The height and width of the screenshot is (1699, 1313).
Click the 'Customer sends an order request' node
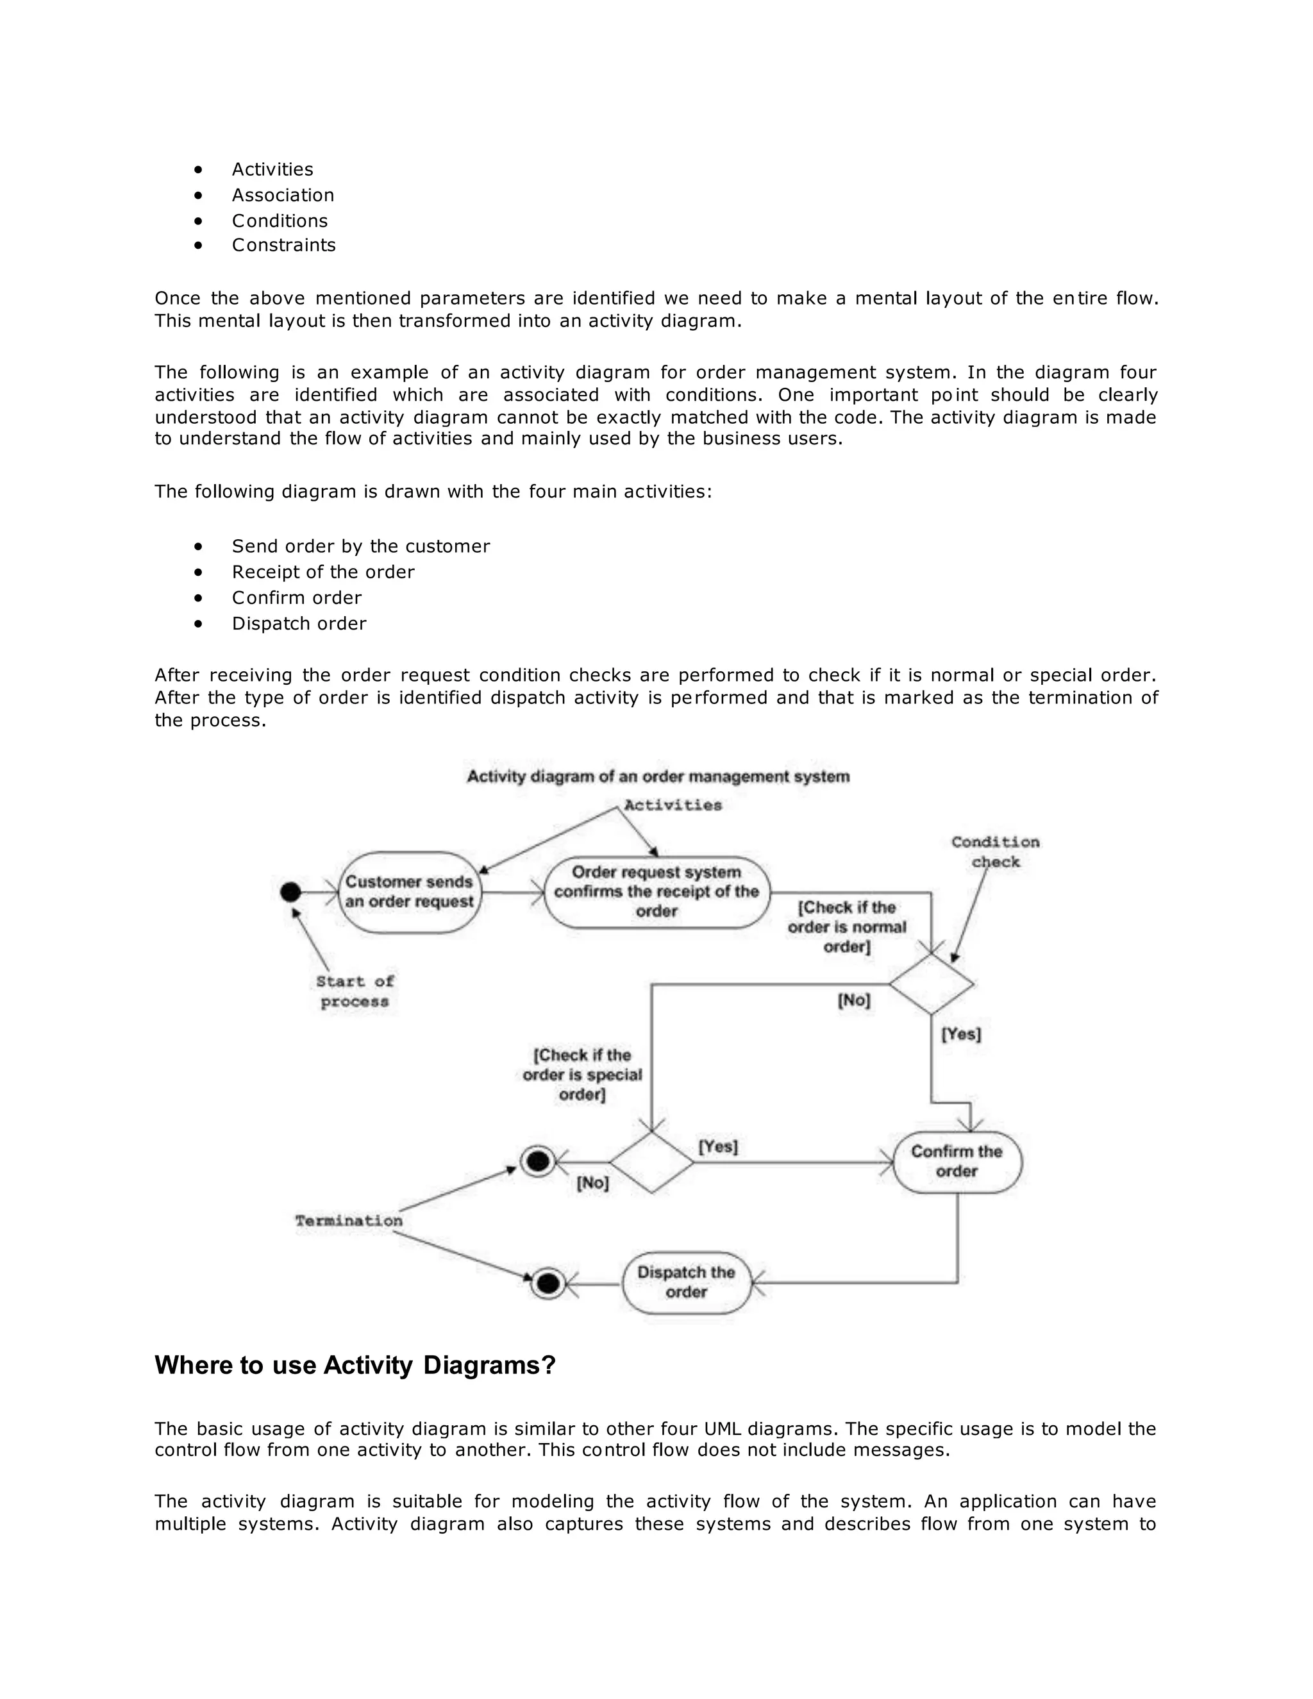(x=409, y=892)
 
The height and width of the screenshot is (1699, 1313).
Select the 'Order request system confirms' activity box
(x=656, y=892)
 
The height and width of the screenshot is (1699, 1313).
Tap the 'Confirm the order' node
(x=957, y=1162)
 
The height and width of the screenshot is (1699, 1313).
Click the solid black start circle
(x=290, y=892)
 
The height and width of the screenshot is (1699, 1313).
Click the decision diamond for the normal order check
(x=931, y=984)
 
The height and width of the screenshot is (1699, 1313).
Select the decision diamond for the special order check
(x=651, y=1162)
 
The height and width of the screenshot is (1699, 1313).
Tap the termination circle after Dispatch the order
(x=548, y=1283)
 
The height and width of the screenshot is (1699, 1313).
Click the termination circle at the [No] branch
(x=537, y=1162)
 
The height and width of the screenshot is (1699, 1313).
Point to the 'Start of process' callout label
(x=355, y=991)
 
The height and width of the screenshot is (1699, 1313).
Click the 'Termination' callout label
(x=349, y=1221)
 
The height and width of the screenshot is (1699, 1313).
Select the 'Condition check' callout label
(x=995, y=852)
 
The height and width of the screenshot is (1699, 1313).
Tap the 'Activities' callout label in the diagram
(x=673, y=805)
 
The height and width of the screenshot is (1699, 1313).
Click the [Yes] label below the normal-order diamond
(x=962, y=1034)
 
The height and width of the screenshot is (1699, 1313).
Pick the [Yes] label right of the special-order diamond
(x=718, y=1147)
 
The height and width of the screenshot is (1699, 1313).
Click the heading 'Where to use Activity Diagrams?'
(x=355, y=1365)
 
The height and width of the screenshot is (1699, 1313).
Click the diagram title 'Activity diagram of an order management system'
(x=658, y=776)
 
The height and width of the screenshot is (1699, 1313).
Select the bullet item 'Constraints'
(x=283, y=245)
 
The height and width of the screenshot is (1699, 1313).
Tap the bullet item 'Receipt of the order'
(x=323, y=572)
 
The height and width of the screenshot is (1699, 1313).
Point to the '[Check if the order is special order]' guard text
(x=582, y=1075)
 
